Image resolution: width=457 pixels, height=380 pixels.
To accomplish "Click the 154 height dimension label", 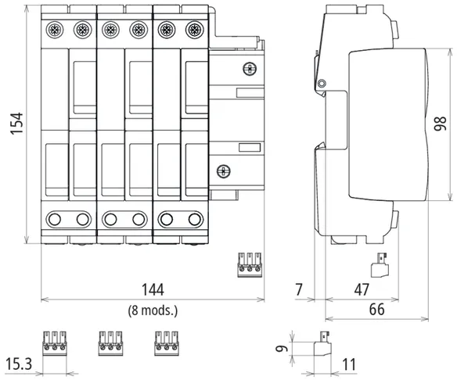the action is pos(16,124).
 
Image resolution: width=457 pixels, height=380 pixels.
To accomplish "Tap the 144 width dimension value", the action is pos(153,290).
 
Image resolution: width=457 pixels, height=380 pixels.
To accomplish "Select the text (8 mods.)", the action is pos(153,310).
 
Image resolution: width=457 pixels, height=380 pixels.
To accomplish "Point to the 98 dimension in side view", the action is pos(440,124).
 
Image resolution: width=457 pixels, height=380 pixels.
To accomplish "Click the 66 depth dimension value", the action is pos(377,310).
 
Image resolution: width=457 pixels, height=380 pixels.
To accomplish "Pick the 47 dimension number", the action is pos(362,290).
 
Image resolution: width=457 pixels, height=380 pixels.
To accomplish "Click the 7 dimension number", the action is pos(299,290).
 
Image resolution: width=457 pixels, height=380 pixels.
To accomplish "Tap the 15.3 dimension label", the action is pos(19,364).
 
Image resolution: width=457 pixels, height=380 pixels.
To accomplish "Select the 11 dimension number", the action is pos(349,364).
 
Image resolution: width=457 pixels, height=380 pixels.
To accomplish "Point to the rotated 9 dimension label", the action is pos(282,348).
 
